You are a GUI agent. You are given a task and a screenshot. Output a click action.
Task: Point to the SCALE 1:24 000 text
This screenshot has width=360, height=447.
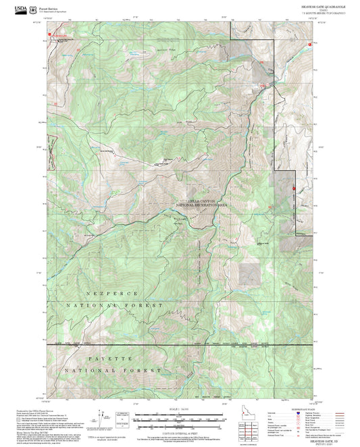click(x=180, y=408)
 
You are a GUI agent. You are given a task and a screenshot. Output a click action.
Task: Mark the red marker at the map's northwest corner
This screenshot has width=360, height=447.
click(x=49, y=32)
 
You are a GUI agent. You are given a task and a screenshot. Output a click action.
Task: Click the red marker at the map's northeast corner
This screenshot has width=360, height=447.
click(x=310, y=45)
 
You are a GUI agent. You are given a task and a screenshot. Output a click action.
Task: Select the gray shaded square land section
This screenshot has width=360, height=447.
click(x=249, y=272)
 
